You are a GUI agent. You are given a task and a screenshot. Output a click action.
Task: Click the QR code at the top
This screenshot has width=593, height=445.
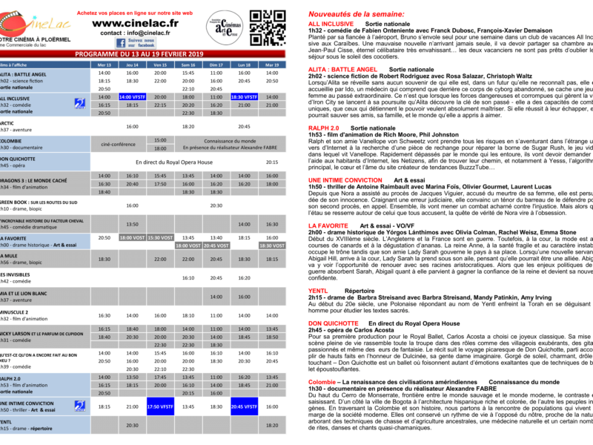265,27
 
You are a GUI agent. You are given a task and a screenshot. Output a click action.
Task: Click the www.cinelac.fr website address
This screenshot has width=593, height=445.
136,23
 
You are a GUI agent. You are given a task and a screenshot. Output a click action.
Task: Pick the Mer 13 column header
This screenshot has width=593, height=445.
105,65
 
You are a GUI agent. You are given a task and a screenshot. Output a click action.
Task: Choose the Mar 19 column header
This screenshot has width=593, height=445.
272,65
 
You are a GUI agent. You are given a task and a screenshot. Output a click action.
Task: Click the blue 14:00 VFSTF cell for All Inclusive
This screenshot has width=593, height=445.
132,97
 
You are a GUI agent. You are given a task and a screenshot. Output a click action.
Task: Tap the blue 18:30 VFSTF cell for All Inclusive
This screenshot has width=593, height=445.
244,97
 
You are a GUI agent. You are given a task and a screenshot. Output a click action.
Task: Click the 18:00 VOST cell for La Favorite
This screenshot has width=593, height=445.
132,237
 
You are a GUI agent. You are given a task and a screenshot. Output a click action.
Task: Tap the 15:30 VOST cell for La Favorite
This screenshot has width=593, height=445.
160,237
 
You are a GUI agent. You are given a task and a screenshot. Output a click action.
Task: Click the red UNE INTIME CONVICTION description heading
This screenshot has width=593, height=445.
345,179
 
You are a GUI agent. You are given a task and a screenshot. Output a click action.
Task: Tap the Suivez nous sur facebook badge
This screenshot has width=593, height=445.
136,44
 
